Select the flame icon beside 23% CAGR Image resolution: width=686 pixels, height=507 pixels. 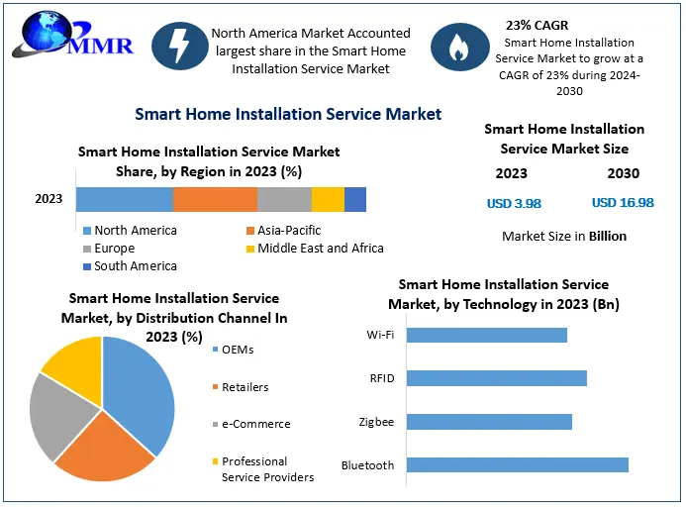[x=458, y=47]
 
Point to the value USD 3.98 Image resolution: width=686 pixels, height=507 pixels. [x=514, y=203]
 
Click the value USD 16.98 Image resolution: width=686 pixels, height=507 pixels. [x=623, y=203]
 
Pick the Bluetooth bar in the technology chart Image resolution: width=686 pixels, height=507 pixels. [x=518, y=464]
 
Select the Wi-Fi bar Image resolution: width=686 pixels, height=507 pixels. [x=487, y=335]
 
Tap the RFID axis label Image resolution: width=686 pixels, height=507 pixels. [x=381, y=378]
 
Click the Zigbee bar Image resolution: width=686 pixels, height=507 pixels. [x=489, y=422]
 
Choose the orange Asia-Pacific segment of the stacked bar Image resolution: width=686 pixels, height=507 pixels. [x=215, y=199]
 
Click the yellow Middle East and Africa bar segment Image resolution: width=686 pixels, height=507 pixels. [x=328, y=199]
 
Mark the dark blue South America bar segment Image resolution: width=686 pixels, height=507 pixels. [x=355, y=199]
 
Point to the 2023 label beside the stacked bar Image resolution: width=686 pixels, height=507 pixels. [x=49, y=199]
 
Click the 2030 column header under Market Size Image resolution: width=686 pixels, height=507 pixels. [x=623, y=173]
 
